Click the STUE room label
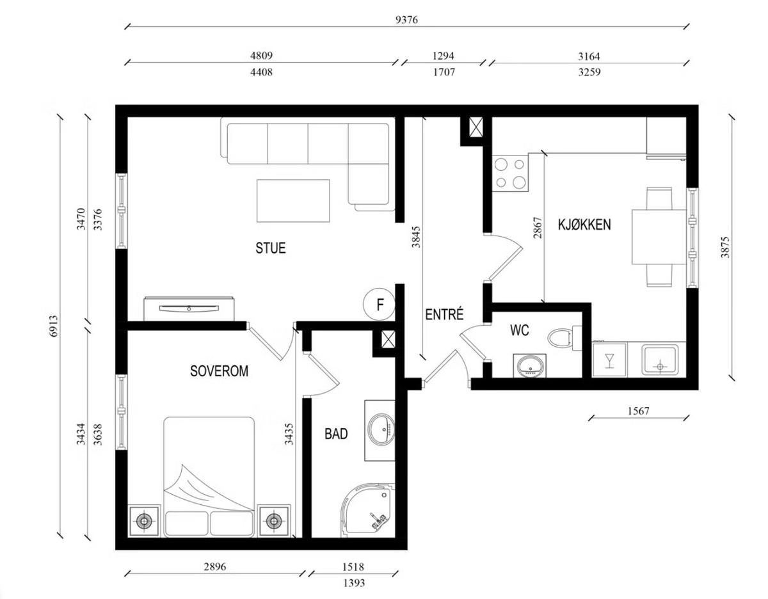pos(270,248)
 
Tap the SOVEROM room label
pos(219,371)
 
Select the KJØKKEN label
pos(584,225)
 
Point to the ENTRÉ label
pos(444,314)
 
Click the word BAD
pos(336,434)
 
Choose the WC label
pos(519,330)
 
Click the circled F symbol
pos(380,304)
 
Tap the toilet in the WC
pos(564,338)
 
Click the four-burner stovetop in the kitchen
pos(510,173)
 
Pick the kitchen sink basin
pos(660,360)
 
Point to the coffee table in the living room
pos(293,201)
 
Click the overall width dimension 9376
pos(406,20)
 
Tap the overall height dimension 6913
pos(53,326)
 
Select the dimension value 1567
pos(638,411)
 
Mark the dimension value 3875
pos(725,247)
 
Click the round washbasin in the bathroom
pos(381,428)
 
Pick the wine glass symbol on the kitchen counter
pos(609,360)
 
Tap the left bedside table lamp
pos(143,520)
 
